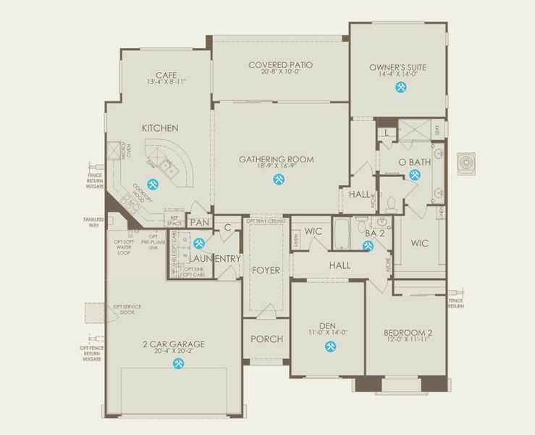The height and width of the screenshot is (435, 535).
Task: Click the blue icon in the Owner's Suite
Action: coord(400,87)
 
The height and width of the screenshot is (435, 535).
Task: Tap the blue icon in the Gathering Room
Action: coord(277,181)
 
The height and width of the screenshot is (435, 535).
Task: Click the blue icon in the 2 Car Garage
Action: coord(177,363)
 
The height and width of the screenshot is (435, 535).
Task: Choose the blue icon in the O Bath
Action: coord(414,175)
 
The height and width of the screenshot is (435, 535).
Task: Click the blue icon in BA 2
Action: coord(368,246)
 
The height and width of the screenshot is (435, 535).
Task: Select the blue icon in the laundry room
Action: coord(199,244)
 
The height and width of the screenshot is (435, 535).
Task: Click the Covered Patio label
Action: coord(280,65)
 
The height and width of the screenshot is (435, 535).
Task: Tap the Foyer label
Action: coord(266,270)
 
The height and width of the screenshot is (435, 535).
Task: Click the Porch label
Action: coord(266,339)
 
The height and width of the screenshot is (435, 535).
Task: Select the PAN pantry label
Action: coord(199,223)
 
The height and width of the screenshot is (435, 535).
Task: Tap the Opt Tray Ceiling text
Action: coord(266,220)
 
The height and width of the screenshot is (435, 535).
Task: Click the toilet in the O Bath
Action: coord(392,206)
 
